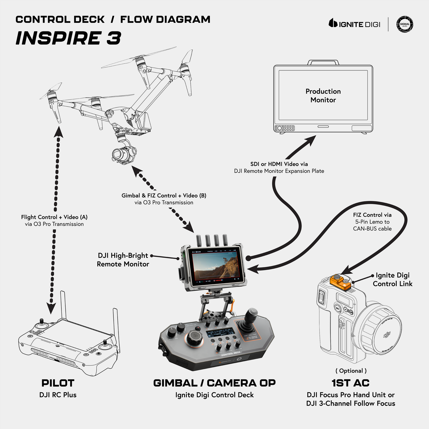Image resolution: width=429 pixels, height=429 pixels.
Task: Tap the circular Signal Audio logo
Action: click(405, 24)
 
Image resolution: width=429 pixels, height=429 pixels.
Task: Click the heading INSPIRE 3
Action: click(68, 38)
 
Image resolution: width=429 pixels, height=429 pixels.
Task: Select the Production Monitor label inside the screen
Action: click(323, 96)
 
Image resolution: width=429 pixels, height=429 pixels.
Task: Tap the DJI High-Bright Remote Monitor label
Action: click(123, 260)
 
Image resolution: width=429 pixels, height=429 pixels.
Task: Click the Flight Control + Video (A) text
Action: click(54, 217)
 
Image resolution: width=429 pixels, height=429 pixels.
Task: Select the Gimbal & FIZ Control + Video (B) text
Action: click(164, 196)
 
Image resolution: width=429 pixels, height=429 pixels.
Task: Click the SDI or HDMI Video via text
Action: click(279, 164)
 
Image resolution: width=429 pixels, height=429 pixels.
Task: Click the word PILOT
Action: click(58, 383)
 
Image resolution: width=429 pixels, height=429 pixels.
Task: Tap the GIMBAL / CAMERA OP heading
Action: click(214, 383)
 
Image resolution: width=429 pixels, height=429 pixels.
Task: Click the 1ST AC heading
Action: click(351, 383)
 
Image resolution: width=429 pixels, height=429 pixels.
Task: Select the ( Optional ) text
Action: click(351, 371)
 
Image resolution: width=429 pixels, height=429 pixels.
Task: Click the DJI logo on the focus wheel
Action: click(387, 335)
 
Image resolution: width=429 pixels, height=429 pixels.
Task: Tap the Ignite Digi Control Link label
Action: click(392, 279)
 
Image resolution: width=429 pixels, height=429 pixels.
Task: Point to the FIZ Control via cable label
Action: click(372, 222)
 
